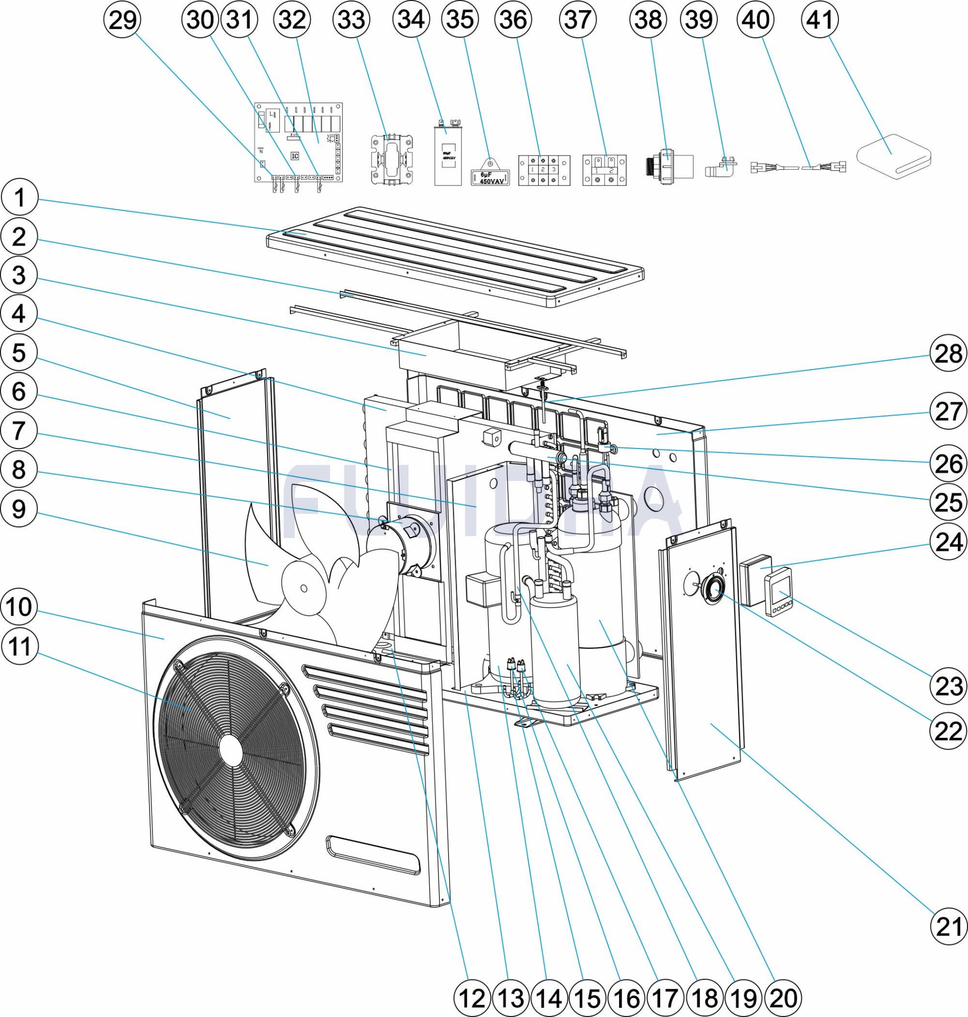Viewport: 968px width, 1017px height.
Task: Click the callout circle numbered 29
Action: point(123,20)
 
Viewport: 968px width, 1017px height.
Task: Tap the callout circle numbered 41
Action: point(820,20)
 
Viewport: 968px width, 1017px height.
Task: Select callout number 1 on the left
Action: point(19,197)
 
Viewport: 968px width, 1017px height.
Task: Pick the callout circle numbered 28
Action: point(948,353)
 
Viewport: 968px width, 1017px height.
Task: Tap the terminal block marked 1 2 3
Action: point(544,170)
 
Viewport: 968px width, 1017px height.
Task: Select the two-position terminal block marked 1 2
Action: point(604,170)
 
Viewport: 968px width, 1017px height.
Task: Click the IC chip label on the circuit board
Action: point(295,155)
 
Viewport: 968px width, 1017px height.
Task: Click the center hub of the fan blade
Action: point(303,587)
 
